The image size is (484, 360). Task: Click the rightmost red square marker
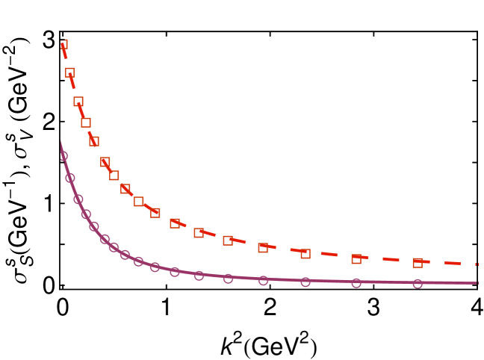click(418, 263)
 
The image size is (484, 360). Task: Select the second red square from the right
click(356, 259)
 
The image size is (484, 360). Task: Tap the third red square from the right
click(305, 254)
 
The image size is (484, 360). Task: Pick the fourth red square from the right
click(263, 248)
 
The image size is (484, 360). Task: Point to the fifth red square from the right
click(228, 240)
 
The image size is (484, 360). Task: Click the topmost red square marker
click(64, 44)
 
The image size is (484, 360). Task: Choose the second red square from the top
click(70, 72)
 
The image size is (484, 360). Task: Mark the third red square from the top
click(78, 101)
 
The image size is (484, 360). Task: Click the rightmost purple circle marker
click(418, 284)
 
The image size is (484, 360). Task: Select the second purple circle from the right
click(356, 283)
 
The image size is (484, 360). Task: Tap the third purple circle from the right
click(305, 282)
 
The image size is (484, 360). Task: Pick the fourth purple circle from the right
click(263, 281)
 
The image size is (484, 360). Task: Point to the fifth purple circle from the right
click(228, 279)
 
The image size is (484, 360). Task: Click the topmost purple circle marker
click(64, 156)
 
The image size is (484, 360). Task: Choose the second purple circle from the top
click(70, 178)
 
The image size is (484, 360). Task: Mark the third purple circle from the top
click(78, 199)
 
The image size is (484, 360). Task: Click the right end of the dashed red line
click(477, 264)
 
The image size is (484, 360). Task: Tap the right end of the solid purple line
click(477, 283)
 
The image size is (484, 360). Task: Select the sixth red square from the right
click(199, 233)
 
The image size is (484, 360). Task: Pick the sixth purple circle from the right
click(199, 276)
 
